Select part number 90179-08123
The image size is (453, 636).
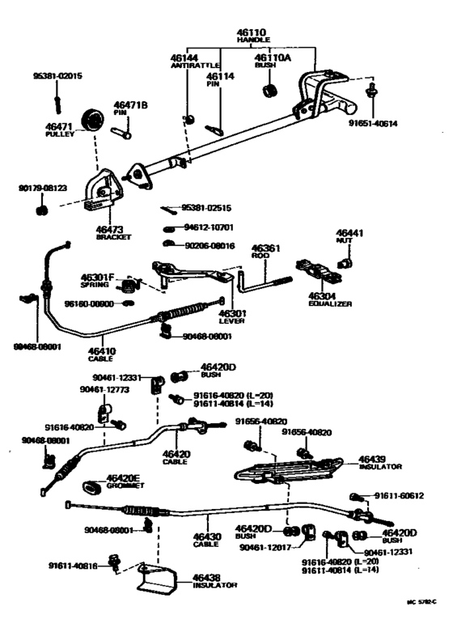pyautogui.click(x=43, y=187)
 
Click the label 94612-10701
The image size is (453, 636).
pyautogui.click(x=210, y=227)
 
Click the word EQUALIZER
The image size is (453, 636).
pyautogui.click(x=328, y=303)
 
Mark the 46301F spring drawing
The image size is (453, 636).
pyautogui.click(x=128, y=286)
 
